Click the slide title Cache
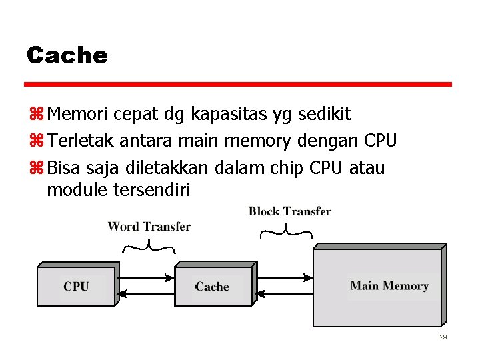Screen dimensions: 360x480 (67, 55)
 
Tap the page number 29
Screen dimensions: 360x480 (443, 337)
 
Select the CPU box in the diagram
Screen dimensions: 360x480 (76, 286)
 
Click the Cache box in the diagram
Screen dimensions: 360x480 (212, 286)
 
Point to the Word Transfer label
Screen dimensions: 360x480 (149, 227)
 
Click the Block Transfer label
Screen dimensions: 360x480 (289, 211)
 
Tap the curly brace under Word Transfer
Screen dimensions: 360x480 (149, 248)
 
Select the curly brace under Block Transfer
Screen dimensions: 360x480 (285, 232)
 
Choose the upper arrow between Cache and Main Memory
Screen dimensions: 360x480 (283, 276)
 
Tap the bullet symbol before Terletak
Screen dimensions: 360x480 (35, 141)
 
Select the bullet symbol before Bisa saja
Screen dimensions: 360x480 (35, 167)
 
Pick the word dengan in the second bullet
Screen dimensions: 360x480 (328, 141)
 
